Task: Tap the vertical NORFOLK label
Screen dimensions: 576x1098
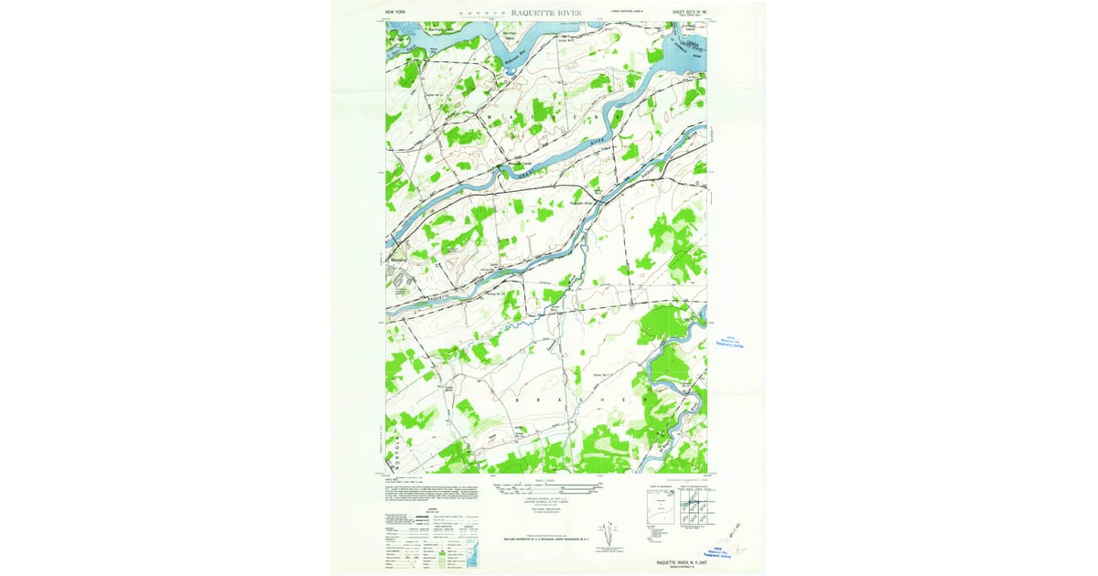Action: click(x=395, y=443)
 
